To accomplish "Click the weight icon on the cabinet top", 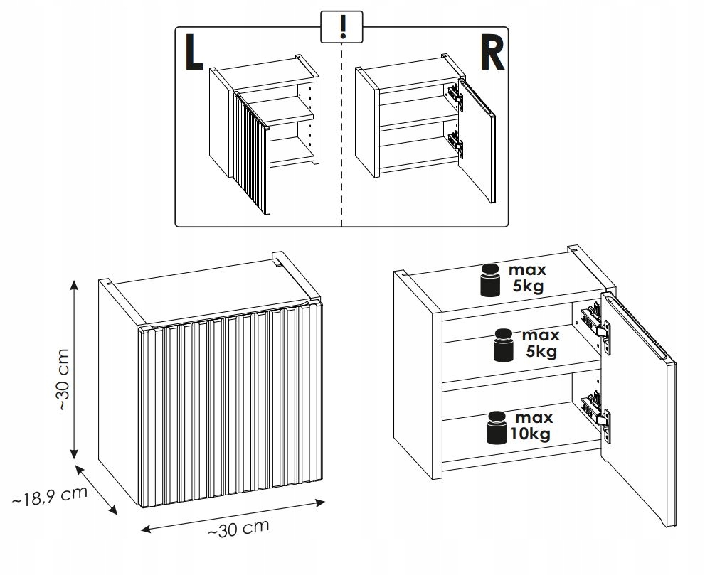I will (490, 279).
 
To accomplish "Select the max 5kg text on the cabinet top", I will (527, 279).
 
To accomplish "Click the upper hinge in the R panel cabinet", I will (455, 97).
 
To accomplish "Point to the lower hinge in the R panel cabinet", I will (456, 144).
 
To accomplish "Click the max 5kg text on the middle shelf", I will (541, 343).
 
